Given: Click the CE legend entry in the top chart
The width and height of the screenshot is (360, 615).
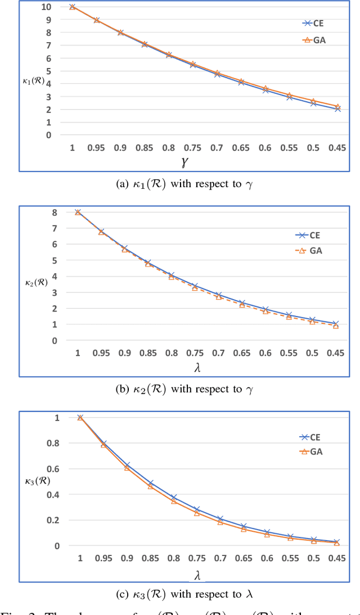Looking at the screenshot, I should coord(313,23).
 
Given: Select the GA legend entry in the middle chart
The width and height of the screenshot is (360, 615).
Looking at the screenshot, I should coord(311,251).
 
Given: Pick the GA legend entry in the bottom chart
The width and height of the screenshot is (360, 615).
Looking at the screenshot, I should coord(312,451).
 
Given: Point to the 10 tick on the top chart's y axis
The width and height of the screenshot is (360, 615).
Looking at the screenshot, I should coord(46,7).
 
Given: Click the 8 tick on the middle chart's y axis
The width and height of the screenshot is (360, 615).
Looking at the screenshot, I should coord(55,212).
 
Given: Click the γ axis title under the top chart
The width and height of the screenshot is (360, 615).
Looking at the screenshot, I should coord(185,162).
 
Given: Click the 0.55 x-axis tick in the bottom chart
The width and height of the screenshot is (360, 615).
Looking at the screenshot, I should coord(290,558).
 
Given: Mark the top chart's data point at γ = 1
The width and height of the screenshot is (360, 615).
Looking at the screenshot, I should coord(73,7).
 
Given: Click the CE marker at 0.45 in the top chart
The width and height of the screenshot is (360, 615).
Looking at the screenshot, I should coord(337,109).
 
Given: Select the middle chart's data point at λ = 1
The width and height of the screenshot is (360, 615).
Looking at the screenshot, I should coord(78,212).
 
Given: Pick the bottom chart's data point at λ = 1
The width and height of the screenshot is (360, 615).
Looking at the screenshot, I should coord(80,417).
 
